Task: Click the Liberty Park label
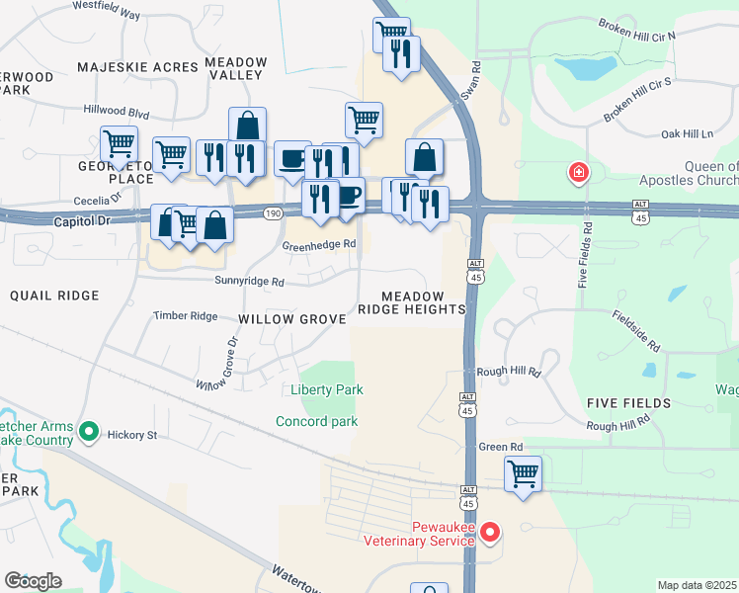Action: (327, 389)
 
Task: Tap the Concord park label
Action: (316, 422)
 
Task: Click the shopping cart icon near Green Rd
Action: (523, 472)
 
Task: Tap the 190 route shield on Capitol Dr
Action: (272, 212)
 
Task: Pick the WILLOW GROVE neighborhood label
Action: (292, 319)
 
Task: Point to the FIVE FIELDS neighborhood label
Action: (628, 403)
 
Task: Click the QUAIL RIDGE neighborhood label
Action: (54, 296)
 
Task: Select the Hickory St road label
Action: (132, 435)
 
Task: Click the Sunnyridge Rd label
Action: (251, 282)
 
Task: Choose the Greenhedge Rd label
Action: (318, 244)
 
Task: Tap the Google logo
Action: (33, 581)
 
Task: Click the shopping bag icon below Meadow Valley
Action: (247, 126)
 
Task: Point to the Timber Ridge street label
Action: (185, 316)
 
